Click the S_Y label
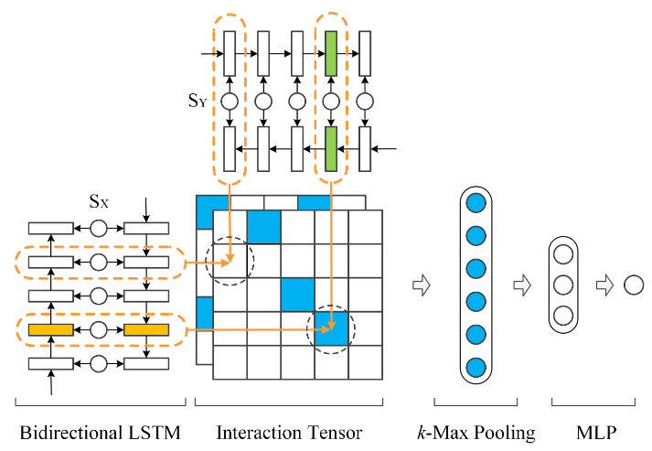point(198,102)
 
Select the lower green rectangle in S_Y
point(331,147)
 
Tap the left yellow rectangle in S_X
point(50,329)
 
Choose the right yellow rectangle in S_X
point(146,329)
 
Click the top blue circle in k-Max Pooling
point(475,203)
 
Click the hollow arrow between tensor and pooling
point(421,285)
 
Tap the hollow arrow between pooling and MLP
point(523,285)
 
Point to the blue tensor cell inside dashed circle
point(331,328)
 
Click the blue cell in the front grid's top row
point(263,226)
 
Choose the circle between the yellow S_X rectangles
point(99,329)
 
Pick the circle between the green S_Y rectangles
point(331,101)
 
